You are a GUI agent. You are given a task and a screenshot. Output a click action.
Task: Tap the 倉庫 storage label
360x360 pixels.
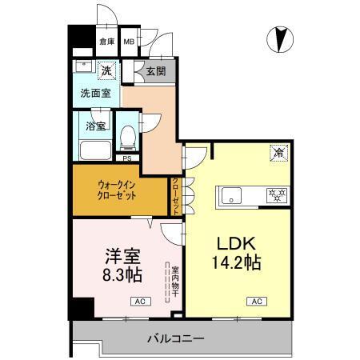(106, 42)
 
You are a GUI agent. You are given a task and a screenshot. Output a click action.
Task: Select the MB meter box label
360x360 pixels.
(128, 42)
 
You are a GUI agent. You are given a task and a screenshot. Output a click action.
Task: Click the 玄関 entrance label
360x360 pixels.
(155, 71)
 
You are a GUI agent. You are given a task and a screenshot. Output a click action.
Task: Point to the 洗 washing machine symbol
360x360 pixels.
(106, 71)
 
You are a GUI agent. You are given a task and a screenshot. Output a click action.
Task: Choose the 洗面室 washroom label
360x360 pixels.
(95, 93)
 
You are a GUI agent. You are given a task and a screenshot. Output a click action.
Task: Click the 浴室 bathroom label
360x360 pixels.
(96, 126)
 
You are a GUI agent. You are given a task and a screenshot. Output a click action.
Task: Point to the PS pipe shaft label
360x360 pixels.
(127, 158)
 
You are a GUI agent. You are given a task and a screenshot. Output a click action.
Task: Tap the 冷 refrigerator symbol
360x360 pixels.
(279, 152)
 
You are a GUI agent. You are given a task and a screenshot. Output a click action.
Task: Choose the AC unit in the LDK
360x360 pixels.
(257, 302)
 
